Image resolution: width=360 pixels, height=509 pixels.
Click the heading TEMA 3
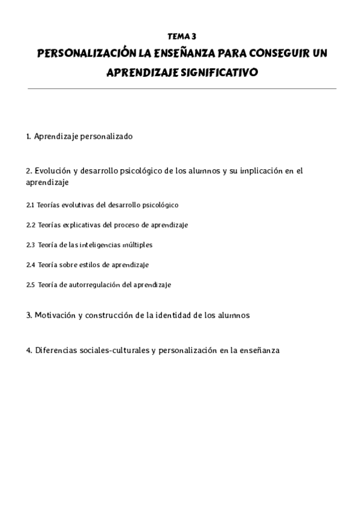(x=181, y=37)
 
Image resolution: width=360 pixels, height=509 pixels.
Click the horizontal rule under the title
(x=181, y=88)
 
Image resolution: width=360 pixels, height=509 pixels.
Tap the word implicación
(x=261, y=171)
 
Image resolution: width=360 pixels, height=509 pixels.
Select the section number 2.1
(x=31, y=205)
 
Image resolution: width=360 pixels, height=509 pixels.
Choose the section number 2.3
(x=31, y=245)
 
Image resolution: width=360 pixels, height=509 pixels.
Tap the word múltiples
(x=139, y=245)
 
